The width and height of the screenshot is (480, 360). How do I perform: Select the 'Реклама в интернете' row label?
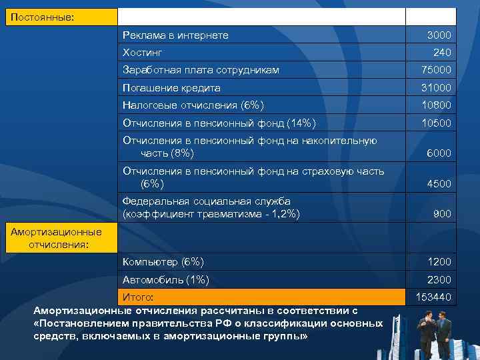[x=175, y=35]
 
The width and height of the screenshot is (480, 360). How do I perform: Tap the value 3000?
[x=439, y=35]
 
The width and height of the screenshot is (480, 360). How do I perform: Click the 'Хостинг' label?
[x=143, y=52]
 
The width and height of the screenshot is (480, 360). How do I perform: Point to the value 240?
[x=441, y=52]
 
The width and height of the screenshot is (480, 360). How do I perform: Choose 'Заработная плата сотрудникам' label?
[x=201, y=70]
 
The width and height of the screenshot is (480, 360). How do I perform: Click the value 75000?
[x=436, y=70]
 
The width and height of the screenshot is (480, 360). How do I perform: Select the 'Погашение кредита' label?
[x=171, y=88]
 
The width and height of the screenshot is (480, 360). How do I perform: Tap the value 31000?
[x=436, y=88]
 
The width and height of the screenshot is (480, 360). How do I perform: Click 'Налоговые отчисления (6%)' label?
[x=193, y=105]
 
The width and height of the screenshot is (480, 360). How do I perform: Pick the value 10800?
[x=436, y=105]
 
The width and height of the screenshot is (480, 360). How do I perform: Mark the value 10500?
[x=436, y=123]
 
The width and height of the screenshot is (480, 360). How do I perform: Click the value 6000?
[x=439, y=153]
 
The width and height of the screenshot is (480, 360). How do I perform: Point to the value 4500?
[x=439, y=184]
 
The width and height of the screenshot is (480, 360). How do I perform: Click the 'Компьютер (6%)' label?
[x=163, y=261]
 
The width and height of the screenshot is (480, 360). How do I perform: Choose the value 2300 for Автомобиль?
[x=439, y=280]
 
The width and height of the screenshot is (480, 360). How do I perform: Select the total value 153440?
[x=433, y=297]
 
